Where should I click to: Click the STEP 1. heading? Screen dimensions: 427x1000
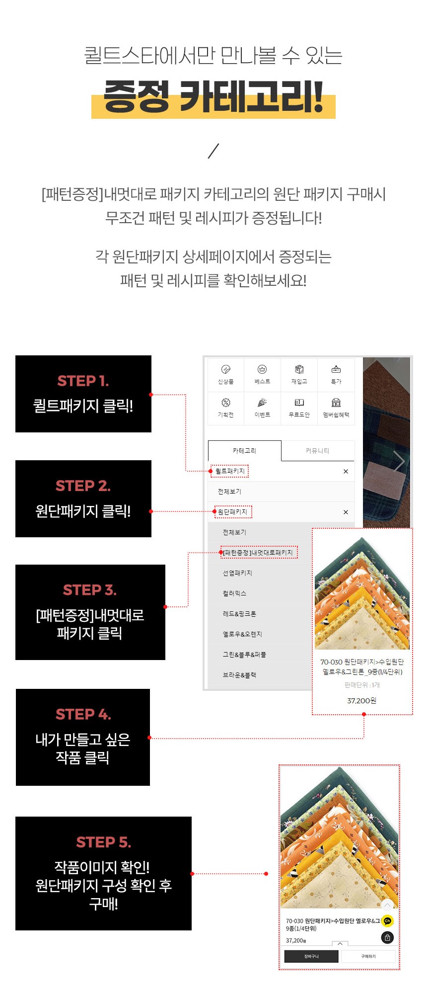(x=83, y=381)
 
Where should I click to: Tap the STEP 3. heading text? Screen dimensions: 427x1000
(x=90, y=590)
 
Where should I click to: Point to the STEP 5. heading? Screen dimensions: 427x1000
(x=103, y=842)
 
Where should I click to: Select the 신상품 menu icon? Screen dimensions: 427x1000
(x=225, y=369)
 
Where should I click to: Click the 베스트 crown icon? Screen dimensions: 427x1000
(x=262, y=369)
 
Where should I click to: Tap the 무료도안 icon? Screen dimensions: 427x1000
(x=299, y=403)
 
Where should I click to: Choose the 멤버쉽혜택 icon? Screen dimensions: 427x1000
(x=336, y=403)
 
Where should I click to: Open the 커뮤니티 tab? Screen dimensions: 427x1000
(x=318, y=451)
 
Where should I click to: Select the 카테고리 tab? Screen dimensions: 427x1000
(x=244, y=451)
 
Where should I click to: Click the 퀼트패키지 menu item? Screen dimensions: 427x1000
(x=230, y=471)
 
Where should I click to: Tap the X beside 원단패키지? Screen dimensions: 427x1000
(x=346, y=512)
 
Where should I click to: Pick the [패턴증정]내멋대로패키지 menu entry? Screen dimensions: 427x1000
(x=258, y=553)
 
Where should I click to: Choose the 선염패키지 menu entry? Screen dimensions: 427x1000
(x=237, y=573)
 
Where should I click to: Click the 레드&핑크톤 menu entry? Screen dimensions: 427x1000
(x=239, y=614)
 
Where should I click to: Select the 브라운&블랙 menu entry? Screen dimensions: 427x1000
(x=239, y=675)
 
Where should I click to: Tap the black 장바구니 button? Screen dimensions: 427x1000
(x=311, y=956)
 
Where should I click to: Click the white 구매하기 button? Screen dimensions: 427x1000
(x=368, y=956)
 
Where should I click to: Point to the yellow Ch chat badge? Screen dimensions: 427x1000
(x=387, y=921)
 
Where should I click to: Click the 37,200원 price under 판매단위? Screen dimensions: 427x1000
(x=362, y=700)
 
